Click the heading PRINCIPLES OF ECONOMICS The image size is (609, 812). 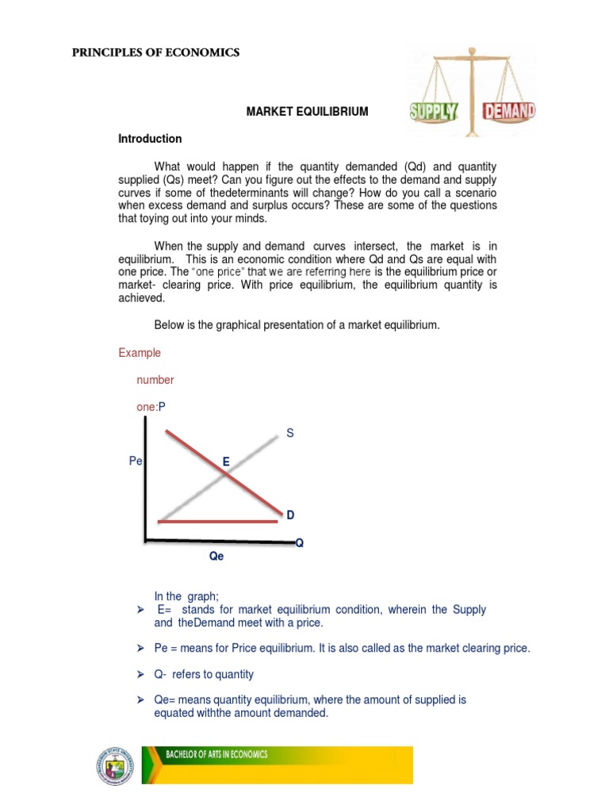pyautogui.click(x=155, y=53)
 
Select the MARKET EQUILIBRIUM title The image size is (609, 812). pyautogui.click(x=307, y=112)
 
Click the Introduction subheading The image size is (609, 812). pyautogui.click(x=150, y=139)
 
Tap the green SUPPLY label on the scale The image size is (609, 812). pyautogui.click(x=434, y=110)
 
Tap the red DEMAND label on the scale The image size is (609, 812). pyautogui.click(x=508, y=110)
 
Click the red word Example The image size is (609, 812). pyautogui.click(x=140, y=352)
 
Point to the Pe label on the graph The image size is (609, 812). pyautogui.click(x=135, y=461)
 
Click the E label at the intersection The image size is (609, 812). pyautogui.click(x=226, y=461)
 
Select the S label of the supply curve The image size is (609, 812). pyautogui.click(x=289, y=433)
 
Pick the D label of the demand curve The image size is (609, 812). pyautogui.click(x=290, y=515)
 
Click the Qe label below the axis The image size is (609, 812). pyautogui.click(x=216, y=557)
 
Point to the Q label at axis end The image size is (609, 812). pyautogui.click(x=299, y=543)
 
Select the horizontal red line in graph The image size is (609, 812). pyautogui.click(x=218, y=521)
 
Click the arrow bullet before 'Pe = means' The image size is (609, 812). pyautogui.click(x=141, y=649)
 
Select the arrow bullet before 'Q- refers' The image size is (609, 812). pyautogui.click(x=141, y=675)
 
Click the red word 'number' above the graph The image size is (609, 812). pyautogui.click(x=155, y=380)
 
